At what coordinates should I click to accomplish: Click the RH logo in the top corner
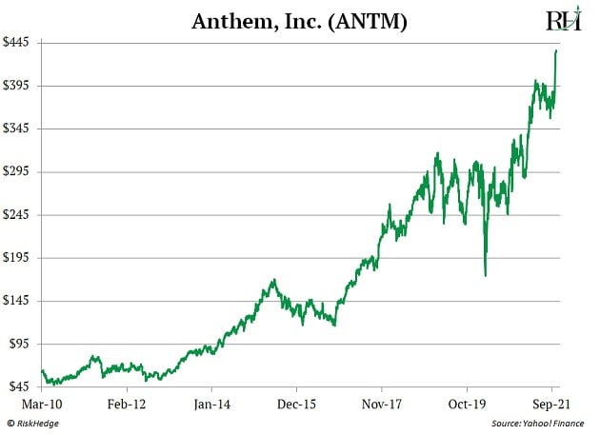coord(563,20)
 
